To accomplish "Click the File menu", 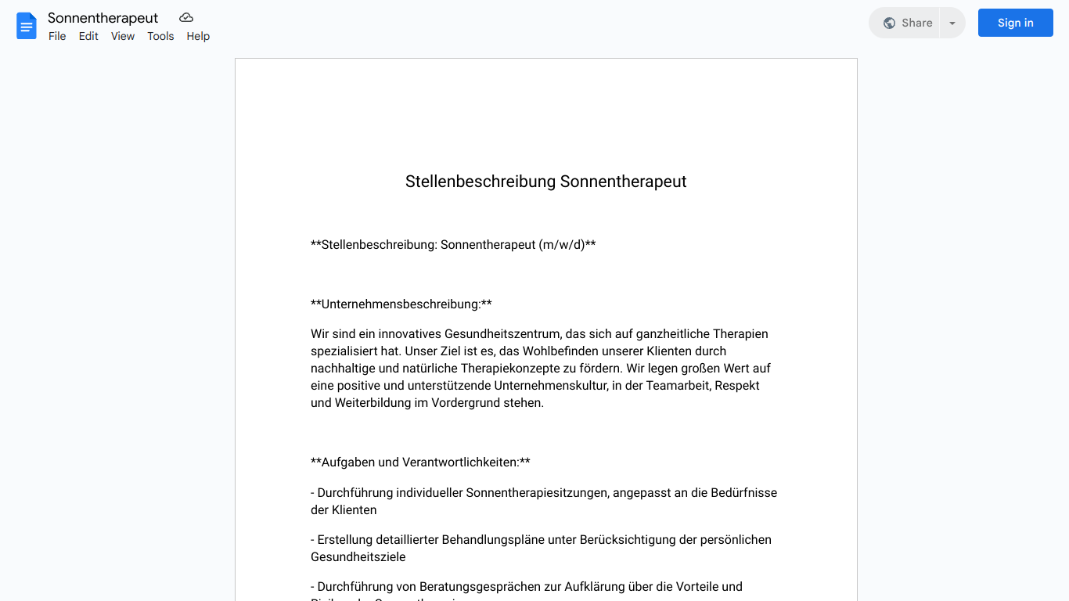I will click(57, 36).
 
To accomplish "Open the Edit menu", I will click(88, 36).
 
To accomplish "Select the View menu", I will click(123, 36).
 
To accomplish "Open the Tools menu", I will click(160, 36).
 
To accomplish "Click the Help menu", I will click(198, 36).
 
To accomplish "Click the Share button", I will click(908, 23).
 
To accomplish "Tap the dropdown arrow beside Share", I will click(952, 23).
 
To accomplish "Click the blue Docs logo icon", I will click(27, 26).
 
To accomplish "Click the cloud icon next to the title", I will click(186, 17).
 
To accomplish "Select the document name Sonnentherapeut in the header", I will click(103, 18).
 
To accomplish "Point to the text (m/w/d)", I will click(562, 245).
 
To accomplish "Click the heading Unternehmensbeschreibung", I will click(401, 304).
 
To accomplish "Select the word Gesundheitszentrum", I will click(502, 334).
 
